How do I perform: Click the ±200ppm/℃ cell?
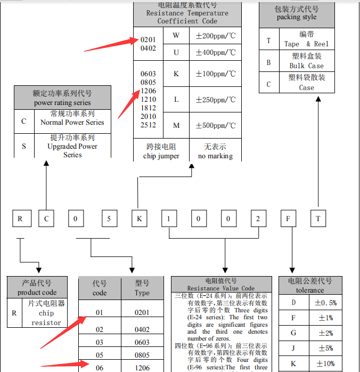(x=216, y=36)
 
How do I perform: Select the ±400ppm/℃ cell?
(x=216, y=52)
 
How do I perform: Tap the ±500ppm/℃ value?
(x=216, y=125)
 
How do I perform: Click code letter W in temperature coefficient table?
(x=176, y=36)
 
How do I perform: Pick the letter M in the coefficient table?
(x=176, y=125)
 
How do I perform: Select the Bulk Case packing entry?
(x=306, y=61)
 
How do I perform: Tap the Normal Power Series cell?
(x=72, y=118)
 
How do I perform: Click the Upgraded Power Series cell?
(x=72, y=146)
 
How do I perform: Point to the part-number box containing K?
(x=140, y=219)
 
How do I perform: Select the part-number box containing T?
(x=318, y=219)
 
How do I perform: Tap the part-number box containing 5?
(x=109, y=219)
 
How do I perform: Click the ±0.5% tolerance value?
(x=325, y=303)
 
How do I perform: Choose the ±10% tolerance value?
(x=325, y=363)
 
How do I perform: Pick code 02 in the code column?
(x=99, y=330)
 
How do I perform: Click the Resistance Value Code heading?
(x=221, y=285)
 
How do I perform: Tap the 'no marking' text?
(x=215, y=156)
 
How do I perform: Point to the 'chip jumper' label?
(x=161, y=156)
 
